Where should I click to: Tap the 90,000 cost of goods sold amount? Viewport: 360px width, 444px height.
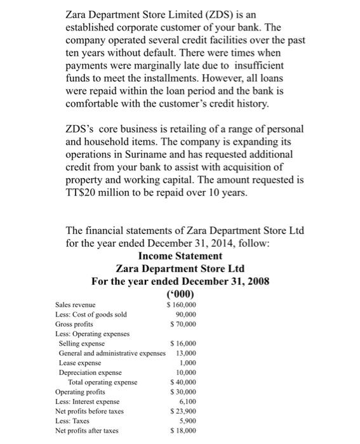[x=185, y=314]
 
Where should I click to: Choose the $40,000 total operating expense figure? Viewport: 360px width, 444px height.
[x=183, y=382]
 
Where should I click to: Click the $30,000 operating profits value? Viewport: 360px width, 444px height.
[x=183, y=392]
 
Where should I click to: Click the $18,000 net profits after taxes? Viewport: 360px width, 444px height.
[x=183, y=431]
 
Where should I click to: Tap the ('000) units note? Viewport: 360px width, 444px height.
[x=180, y=294]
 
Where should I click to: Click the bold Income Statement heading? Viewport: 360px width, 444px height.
[x=180, y=256]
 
